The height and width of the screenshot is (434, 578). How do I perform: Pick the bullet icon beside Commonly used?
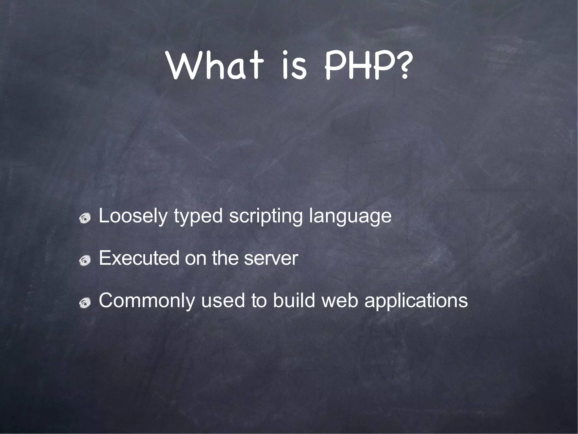pos(85,303)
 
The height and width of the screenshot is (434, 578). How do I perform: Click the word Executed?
pos(139,258)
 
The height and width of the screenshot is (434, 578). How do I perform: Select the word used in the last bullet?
pos(223,300)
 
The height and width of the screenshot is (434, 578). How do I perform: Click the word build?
pos(294,300)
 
